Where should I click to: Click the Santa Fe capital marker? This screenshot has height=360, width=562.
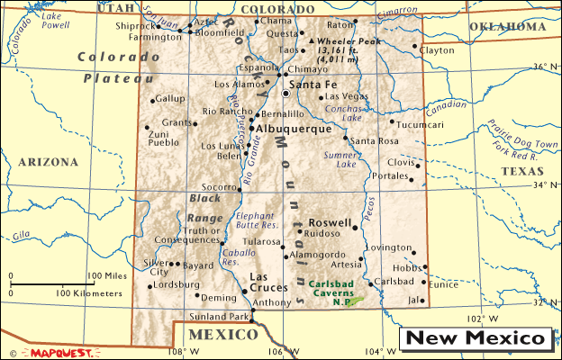pyautogui.click(x=286, y=93)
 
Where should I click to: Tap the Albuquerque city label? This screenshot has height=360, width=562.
pyautogui.click(x=295, y=130)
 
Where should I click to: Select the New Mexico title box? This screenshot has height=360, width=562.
pyautogui.click(x=476, y=338)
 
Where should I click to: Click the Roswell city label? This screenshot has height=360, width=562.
pyautogui.click(x=329, y=221)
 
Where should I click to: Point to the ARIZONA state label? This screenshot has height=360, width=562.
pyautogui.click(x=47, y=162)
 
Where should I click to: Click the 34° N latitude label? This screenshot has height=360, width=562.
pyautogui.click(x=538, y=185)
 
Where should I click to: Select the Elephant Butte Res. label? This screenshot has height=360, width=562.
pyautogui.click(x=255, y=221)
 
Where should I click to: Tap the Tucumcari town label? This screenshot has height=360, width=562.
pyautogui.click(x=420, y=124)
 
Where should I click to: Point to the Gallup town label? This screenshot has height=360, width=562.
pyautogui.click(x=170, y=98)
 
